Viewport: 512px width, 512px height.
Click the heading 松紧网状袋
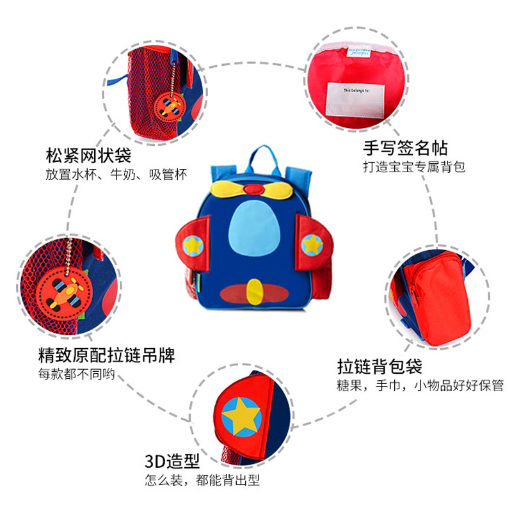click(x=88, y=155)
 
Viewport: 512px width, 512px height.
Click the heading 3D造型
click(x=172, y=461)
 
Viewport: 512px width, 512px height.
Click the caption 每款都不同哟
click(x=76, y=373)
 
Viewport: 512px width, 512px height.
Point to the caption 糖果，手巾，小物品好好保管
click(x=420, y=386)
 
